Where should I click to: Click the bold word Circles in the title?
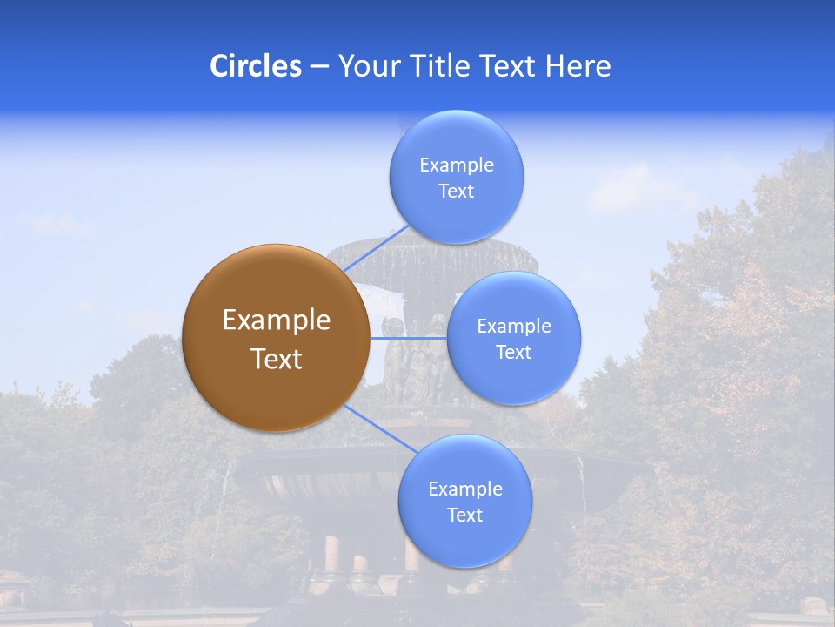256,66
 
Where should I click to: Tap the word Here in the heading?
578,66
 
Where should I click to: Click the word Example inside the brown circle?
277,320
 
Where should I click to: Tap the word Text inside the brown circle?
277,359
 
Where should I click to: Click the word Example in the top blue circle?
457,165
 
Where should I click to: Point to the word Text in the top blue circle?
457,192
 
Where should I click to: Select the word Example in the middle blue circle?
514,327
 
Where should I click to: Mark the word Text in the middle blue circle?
514,353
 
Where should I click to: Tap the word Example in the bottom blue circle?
464,489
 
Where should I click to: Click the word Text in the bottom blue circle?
464,516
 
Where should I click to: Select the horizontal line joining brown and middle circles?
408,338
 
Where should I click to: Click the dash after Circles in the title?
319,67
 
